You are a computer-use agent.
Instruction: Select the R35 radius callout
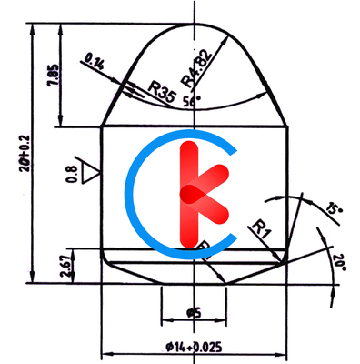coord(161,91)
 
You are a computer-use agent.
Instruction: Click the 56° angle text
coord(192,98)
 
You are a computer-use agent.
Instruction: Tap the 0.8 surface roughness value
coord(72,173)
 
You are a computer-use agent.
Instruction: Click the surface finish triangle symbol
coord(88,171)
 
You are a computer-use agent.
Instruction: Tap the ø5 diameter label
coord(193,313)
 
